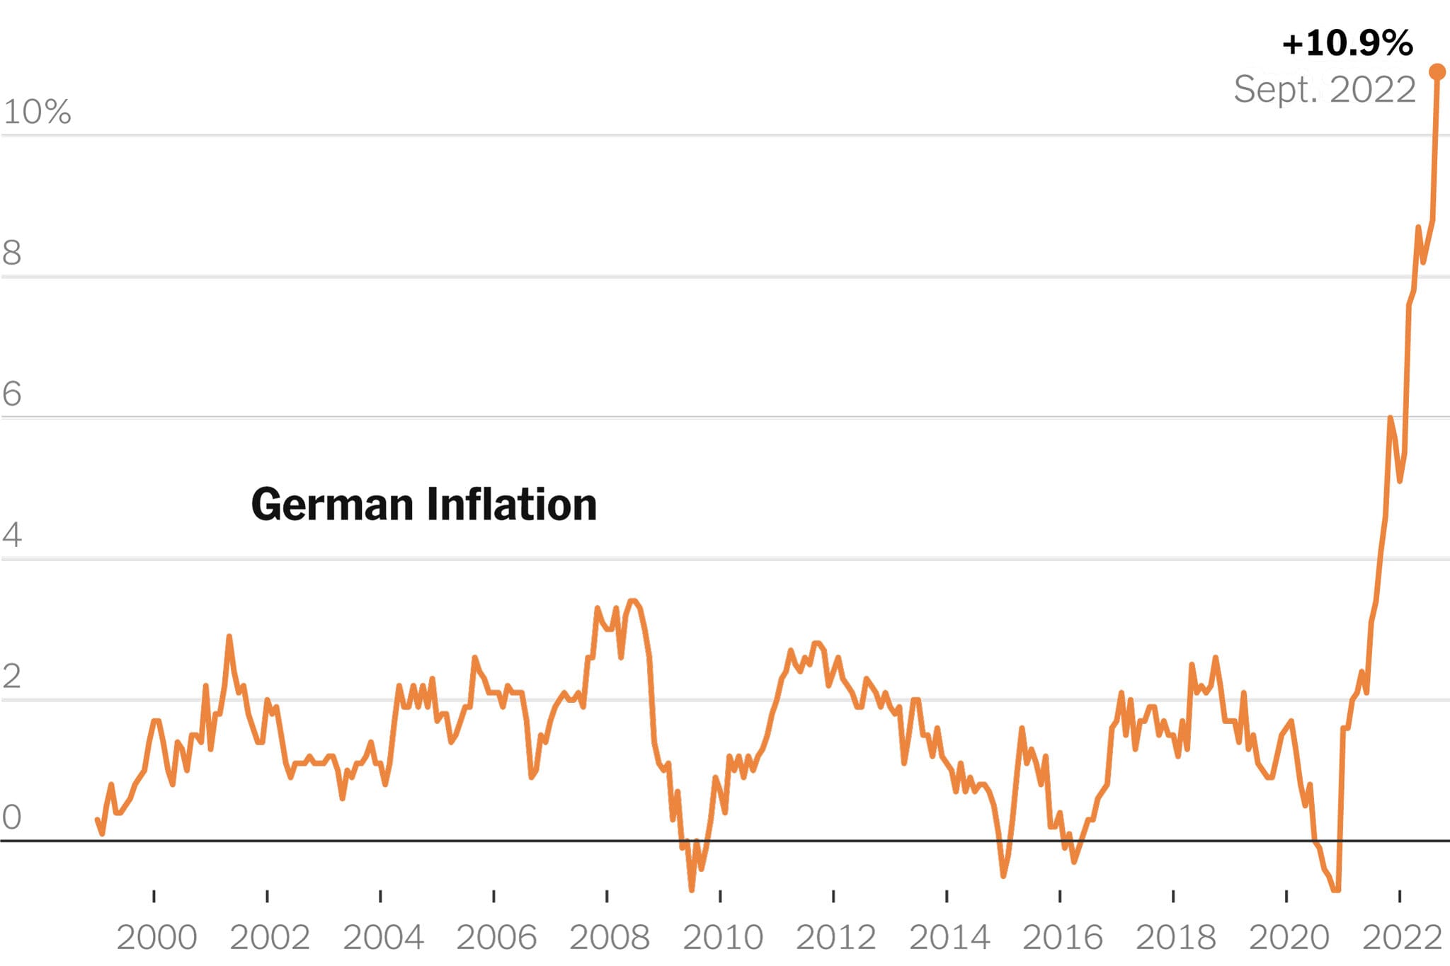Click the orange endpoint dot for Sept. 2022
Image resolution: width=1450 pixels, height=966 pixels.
click(1437, 71)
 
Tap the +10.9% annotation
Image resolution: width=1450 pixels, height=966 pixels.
click(1347, 43)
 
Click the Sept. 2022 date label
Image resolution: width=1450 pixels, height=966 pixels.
click(1324, 89)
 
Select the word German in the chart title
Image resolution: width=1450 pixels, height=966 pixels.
click(332, 505)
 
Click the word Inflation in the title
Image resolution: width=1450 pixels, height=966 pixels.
click(512, 505)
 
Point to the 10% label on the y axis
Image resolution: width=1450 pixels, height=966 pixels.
click(37, 112)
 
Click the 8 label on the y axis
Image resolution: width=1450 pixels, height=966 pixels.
click(12, 253)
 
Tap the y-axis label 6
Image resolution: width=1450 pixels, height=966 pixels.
click(12, 393)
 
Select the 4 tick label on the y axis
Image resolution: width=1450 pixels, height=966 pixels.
click(12, 534)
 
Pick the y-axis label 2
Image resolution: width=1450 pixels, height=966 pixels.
click(12, 677)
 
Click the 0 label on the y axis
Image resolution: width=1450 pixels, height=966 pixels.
click(12, 817)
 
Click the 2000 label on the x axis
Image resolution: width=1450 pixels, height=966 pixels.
click(156, 938)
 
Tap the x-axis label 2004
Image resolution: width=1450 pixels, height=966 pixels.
click(383, 938)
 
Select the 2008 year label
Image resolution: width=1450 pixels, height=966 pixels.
click(610, 938)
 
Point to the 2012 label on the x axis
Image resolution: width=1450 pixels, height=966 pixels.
click(836, 938)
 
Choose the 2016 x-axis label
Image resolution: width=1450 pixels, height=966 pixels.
click(1063, 938)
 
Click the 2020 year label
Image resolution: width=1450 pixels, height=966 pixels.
click(1289, 938)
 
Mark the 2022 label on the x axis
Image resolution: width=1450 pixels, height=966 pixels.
click(1402, 938)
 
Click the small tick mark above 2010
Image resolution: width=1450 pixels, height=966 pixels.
click(720, 896)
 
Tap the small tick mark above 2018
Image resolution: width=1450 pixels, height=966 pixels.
click(1173, 896)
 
